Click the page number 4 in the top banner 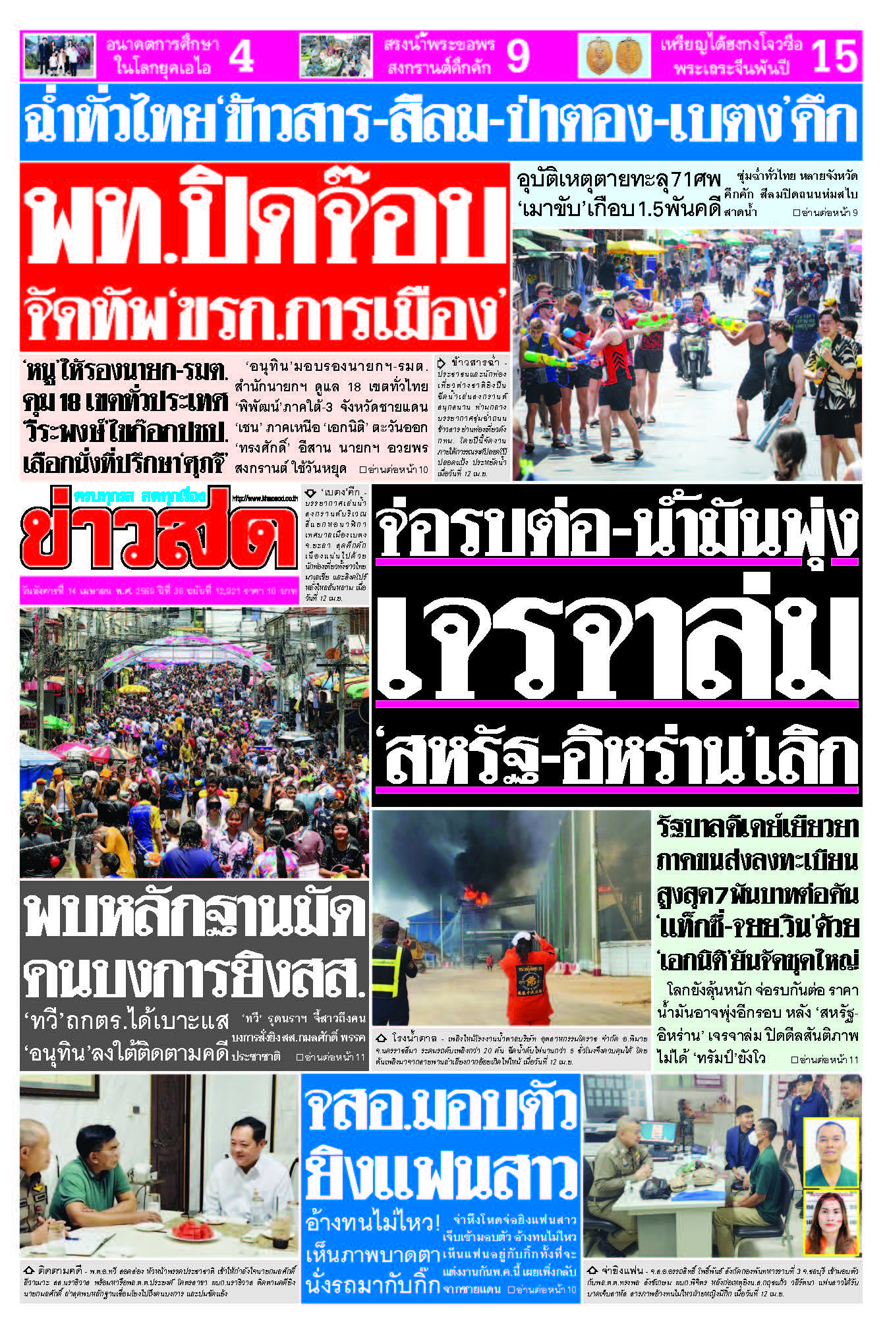coord(242,55)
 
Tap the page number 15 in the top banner coord(834,55)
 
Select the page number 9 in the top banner coord(518,55)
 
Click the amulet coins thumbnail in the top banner coord(614,56)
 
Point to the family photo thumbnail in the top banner coord(59,55)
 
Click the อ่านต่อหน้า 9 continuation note coord(825,213)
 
